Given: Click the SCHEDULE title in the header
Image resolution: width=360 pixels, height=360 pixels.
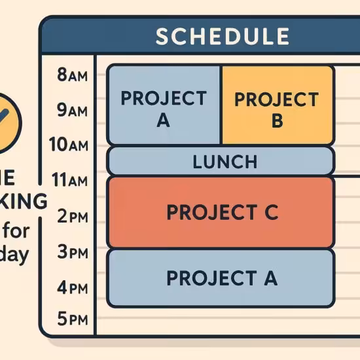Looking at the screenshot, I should (222, 36).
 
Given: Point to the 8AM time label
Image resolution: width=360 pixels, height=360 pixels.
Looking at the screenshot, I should (73, 75).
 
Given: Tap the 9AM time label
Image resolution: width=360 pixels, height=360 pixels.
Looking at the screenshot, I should (73, 111).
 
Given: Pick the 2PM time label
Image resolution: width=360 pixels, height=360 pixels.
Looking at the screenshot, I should (72, 216).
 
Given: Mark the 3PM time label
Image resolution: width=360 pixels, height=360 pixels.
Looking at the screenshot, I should (72, 251).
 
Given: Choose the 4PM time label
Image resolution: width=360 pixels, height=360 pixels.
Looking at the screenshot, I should (72, 286).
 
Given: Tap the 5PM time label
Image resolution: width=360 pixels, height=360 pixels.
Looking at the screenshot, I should (72, 320).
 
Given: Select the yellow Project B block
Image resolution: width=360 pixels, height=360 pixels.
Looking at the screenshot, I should (277, 105).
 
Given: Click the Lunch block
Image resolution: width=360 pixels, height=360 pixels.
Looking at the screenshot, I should (221, 161).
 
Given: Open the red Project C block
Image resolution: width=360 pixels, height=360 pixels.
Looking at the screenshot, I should (221, 212).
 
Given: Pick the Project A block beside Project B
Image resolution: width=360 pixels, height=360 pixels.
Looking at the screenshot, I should (164, 105).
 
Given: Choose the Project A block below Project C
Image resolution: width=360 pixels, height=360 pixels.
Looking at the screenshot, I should (221, 278).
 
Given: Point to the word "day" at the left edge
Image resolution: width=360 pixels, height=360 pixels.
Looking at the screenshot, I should (16, 255).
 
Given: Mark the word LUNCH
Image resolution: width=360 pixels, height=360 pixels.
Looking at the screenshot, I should (225, 161).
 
